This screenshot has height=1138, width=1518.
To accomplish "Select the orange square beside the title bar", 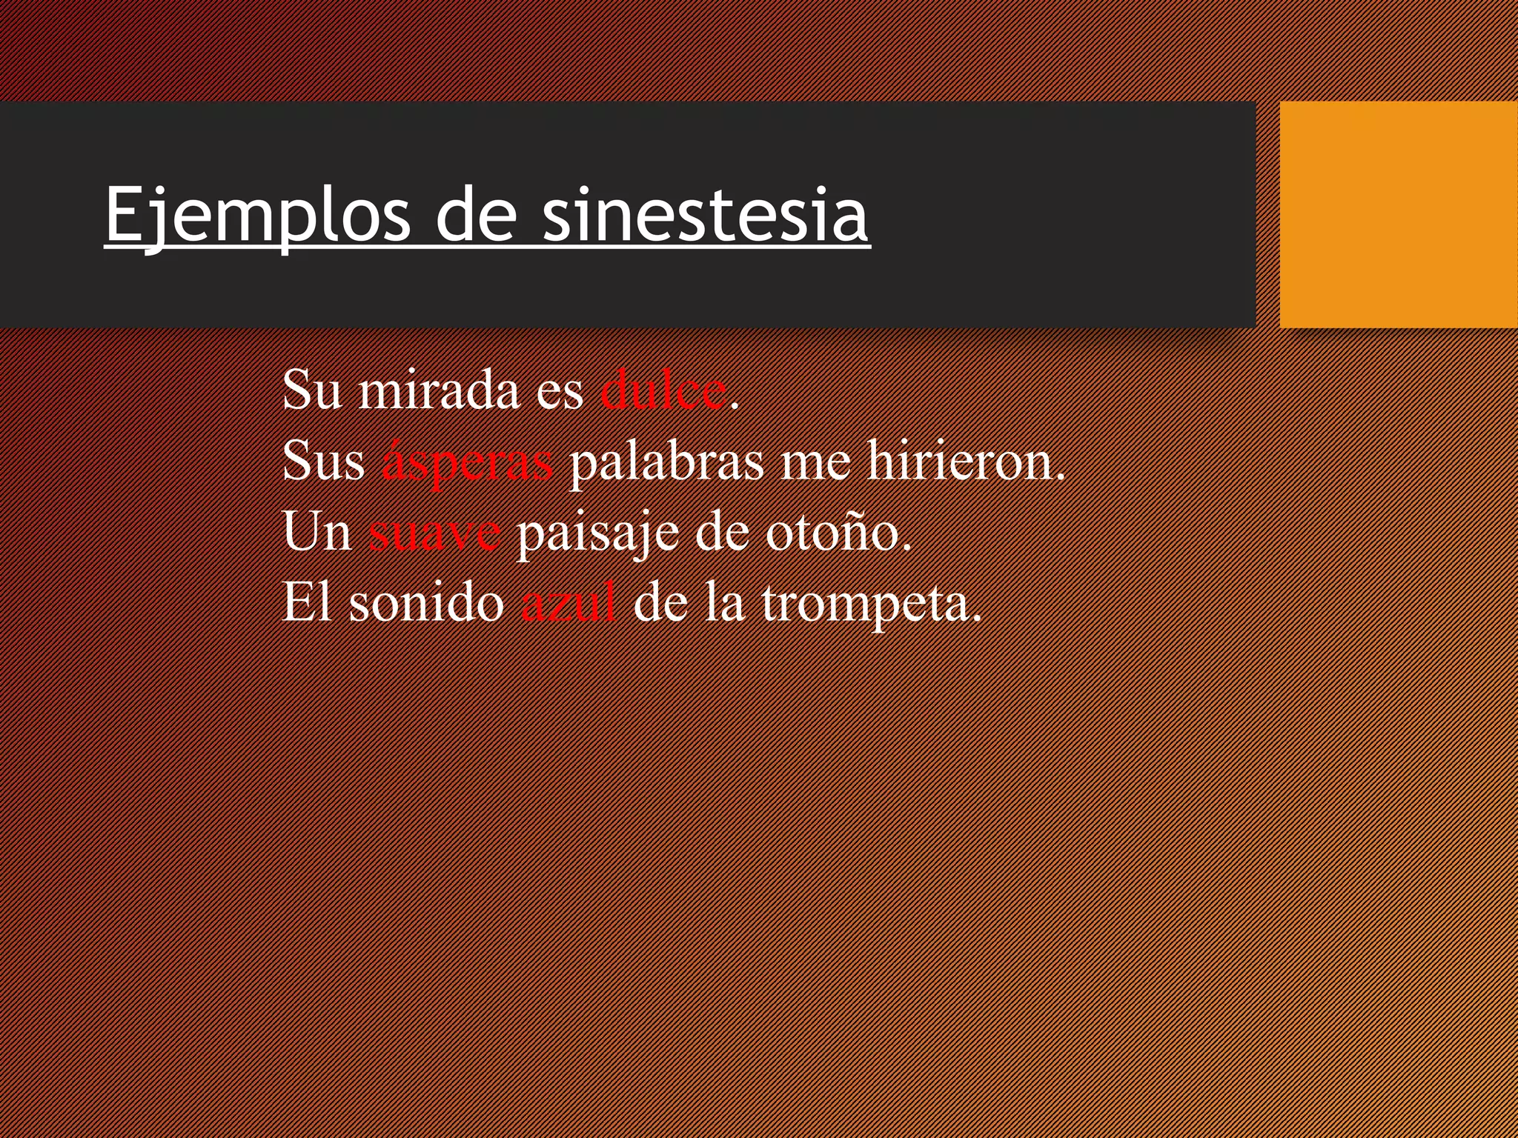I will pyautogui.click(x=1398, y=215).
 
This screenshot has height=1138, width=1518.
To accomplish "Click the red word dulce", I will pyautogui.click(x=663, y=390).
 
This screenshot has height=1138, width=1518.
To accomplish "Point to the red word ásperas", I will pyautogui.click(x=467, y=462).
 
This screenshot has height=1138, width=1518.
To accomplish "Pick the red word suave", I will pyautogui.click(x=434, y=533).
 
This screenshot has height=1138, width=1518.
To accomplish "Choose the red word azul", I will pyautogui.click(x=568, y=603).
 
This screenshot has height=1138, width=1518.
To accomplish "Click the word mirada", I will pyautogui.click(x=439, y=390).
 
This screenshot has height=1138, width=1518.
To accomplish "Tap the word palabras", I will pyautogui.click(x=666, y=462).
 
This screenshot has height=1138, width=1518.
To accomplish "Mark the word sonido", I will pyautogui.click(x=426, y=603).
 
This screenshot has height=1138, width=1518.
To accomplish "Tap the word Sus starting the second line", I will pyautogui.click(x=323, y=462).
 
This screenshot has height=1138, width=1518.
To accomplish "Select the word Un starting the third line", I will pyautogui.click(x=316, y=533).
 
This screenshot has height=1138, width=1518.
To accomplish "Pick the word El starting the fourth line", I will pyautogui.click(x=306, y=603).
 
